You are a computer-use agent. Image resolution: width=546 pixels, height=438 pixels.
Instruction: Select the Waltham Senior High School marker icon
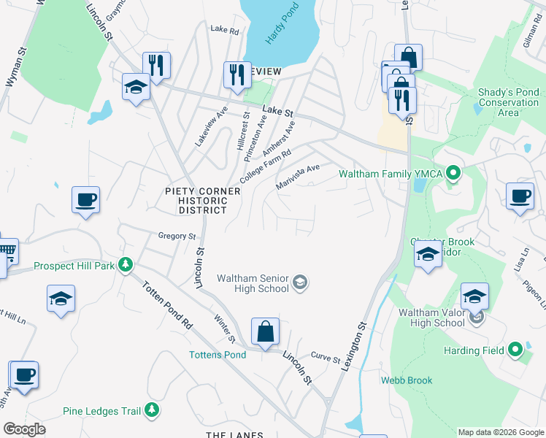coord(299,283)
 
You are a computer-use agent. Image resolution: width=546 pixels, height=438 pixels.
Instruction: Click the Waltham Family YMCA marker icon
coord(453,174)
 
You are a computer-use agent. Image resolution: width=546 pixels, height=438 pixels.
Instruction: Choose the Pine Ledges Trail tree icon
coord(152,411)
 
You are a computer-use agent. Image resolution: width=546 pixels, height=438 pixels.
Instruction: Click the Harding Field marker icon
coord(515,350)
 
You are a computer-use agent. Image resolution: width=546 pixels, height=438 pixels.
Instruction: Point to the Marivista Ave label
coord(298,177)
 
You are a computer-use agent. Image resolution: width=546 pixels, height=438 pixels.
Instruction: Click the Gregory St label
coord(177,236)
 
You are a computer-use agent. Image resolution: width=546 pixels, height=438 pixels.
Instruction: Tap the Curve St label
coord(326,360)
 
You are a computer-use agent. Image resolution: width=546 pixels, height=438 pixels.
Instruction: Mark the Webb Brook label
coord(407,380)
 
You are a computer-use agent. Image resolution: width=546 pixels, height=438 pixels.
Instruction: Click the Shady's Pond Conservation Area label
coord(508,102)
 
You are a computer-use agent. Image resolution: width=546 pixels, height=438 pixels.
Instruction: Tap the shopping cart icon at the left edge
coord(6,252)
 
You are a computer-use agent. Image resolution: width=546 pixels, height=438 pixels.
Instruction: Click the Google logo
coord(25,429)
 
